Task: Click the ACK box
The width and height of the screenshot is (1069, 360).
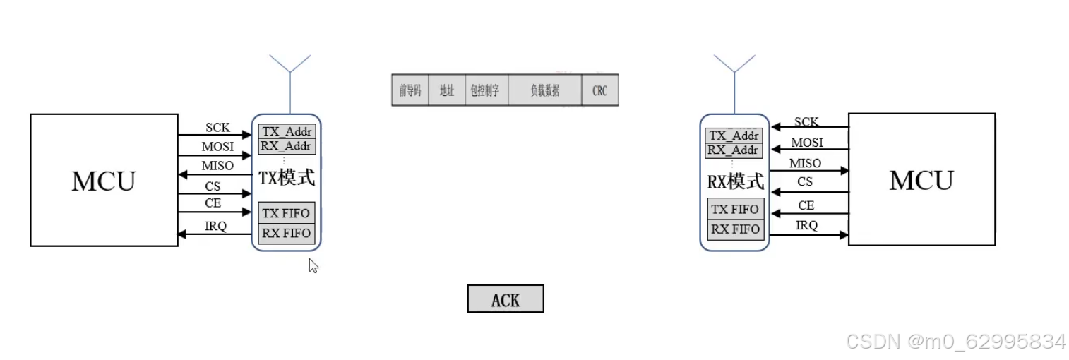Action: tap(506, 299)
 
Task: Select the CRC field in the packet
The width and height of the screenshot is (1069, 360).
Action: tap(599, 90)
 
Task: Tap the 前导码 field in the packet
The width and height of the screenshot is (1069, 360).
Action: tap(410, 90)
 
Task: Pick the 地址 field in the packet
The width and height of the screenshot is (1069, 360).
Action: tap(447, 90)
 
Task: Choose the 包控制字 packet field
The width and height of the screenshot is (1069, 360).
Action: tap(486, 90)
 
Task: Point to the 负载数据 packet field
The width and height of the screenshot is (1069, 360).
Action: tap(545, 90)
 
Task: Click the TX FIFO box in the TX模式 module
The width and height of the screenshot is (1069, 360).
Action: tap(286, 213)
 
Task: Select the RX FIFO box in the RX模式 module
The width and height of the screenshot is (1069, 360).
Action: tap(735, 229)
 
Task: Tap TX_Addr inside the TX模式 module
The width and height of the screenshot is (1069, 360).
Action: tap(286, 132)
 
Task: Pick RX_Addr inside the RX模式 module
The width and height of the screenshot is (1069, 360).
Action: tap(734, 150)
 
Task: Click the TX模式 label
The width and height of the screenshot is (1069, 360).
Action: tap(287, 178)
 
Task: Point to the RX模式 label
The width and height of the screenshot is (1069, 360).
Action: tap(736, 181)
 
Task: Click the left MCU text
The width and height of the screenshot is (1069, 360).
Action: tap(103, 181)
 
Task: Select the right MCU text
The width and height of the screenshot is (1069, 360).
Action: tap(921, 181)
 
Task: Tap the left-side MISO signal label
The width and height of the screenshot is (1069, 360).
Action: tap(217, 166)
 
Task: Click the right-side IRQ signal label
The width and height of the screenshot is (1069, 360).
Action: tap(806, 226)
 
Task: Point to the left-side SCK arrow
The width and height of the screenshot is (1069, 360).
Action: tap(215, 135)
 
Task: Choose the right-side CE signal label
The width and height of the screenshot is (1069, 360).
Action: tap(806, 205)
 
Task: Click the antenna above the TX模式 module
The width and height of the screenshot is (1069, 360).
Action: tap(290, 78)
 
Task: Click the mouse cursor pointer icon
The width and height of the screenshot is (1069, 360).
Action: tap(313, 265)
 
